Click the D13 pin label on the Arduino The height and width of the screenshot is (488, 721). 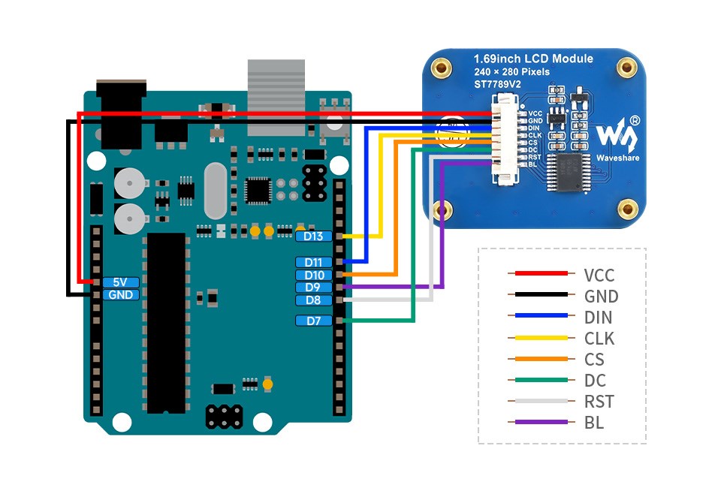313,236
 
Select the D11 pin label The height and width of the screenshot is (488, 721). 313,262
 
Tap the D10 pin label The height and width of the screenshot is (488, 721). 313,275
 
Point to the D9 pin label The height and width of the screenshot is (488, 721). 313,288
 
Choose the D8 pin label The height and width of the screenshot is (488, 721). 313,300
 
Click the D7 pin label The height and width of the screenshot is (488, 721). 313,321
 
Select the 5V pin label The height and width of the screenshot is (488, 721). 120,282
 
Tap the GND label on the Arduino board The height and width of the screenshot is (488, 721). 120,295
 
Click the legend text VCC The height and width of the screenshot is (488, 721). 599,275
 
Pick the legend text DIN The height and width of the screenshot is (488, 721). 598,317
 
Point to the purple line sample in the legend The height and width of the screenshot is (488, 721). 537,423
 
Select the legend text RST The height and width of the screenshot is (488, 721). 598,402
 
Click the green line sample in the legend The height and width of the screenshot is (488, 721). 537,381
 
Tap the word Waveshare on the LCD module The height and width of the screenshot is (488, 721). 617,158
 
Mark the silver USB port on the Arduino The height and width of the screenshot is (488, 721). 277,98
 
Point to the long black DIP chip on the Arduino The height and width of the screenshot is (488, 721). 166,323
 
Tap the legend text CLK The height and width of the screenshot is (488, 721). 599,338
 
